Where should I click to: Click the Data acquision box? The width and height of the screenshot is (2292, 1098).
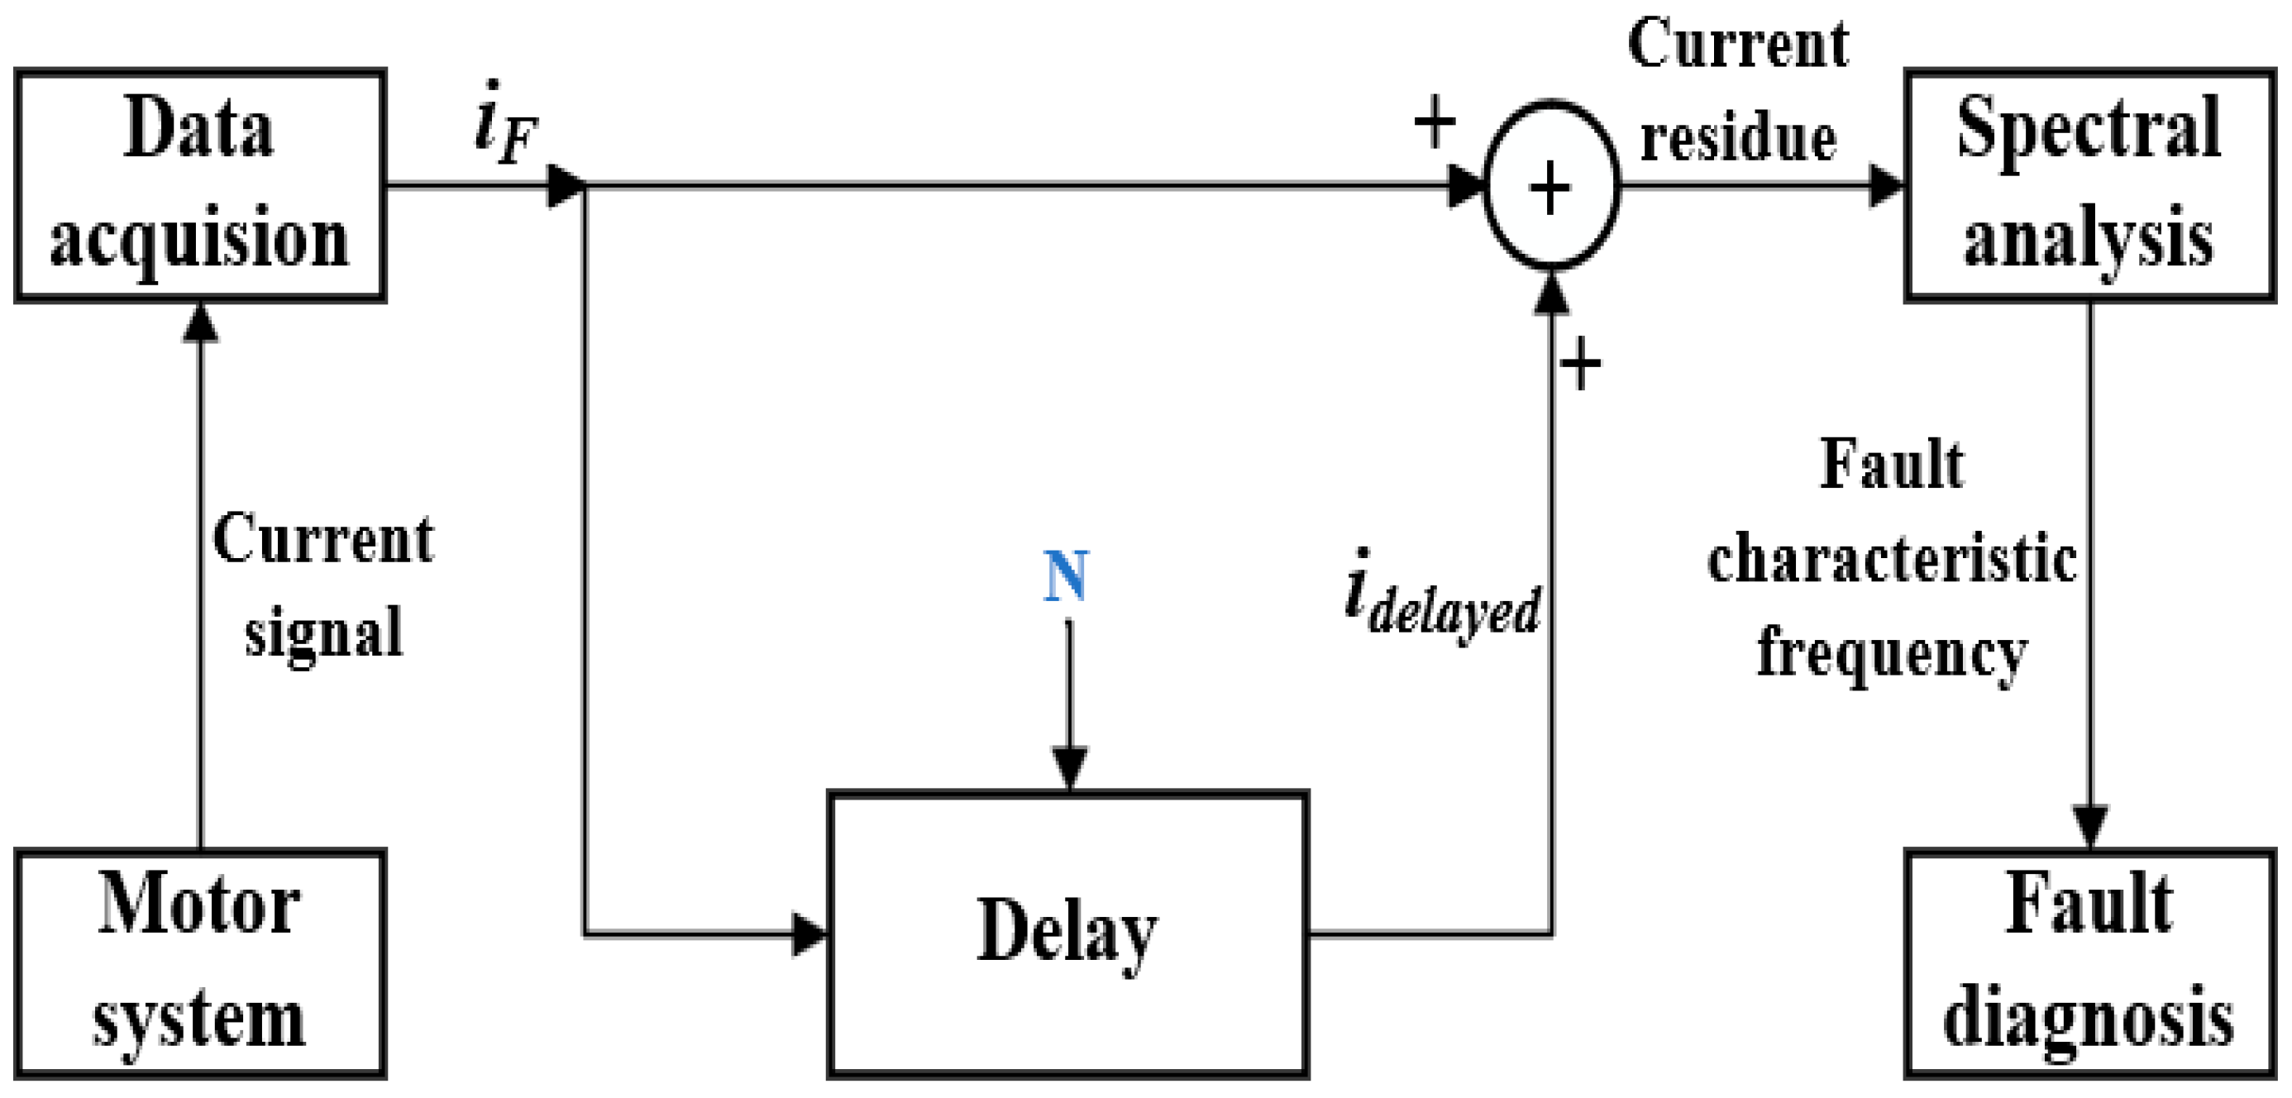pos(199,185)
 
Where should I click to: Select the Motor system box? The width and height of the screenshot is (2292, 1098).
pos(199,963)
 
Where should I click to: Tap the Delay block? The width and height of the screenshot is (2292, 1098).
pos(1067,934)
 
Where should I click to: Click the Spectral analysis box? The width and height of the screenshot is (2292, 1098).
pos(2089,185)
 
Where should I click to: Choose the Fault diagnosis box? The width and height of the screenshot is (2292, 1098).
pos(2089,963)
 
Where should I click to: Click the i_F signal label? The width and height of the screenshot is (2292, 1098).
pos(505,125)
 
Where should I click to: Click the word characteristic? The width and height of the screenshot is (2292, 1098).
pos(1892,561)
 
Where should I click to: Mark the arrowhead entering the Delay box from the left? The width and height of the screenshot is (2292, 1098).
pos(809,935)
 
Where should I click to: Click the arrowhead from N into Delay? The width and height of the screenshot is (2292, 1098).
pos(1068,767)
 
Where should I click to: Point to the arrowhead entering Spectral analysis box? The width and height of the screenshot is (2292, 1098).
pos(1884,186)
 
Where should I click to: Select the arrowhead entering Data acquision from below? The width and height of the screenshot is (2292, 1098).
pos(200,322)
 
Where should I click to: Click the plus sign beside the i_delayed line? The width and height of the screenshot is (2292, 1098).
pos(1580,363)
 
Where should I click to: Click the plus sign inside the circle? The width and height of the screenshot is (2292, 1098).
pos(1550,189)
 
